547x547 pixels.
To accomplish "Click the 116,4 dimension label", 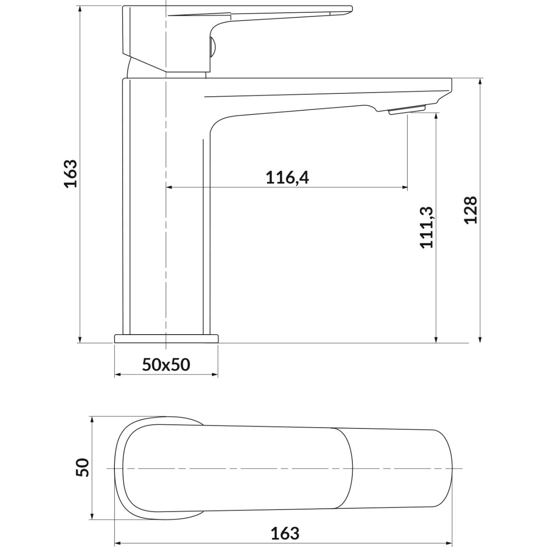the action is [x=287, y=178].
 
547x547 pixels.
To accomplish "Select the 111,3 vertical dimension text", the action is [x=426, y=227].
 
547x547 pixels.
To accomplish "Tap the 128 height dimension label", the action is [x=471, y=210].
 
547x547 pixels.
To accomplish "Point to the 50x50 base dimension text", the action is [x=166, y=365].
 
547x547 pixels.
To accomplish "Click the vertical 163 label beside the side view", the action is [x=70, y=174].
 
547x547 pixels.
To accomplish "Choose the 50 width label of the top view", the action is [x=83, y=467].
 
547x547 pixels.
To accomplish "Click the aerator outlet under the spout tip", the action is [x=407, y=109].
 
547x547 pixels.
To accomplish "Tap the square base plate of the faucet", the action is [x=166, y=339].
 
